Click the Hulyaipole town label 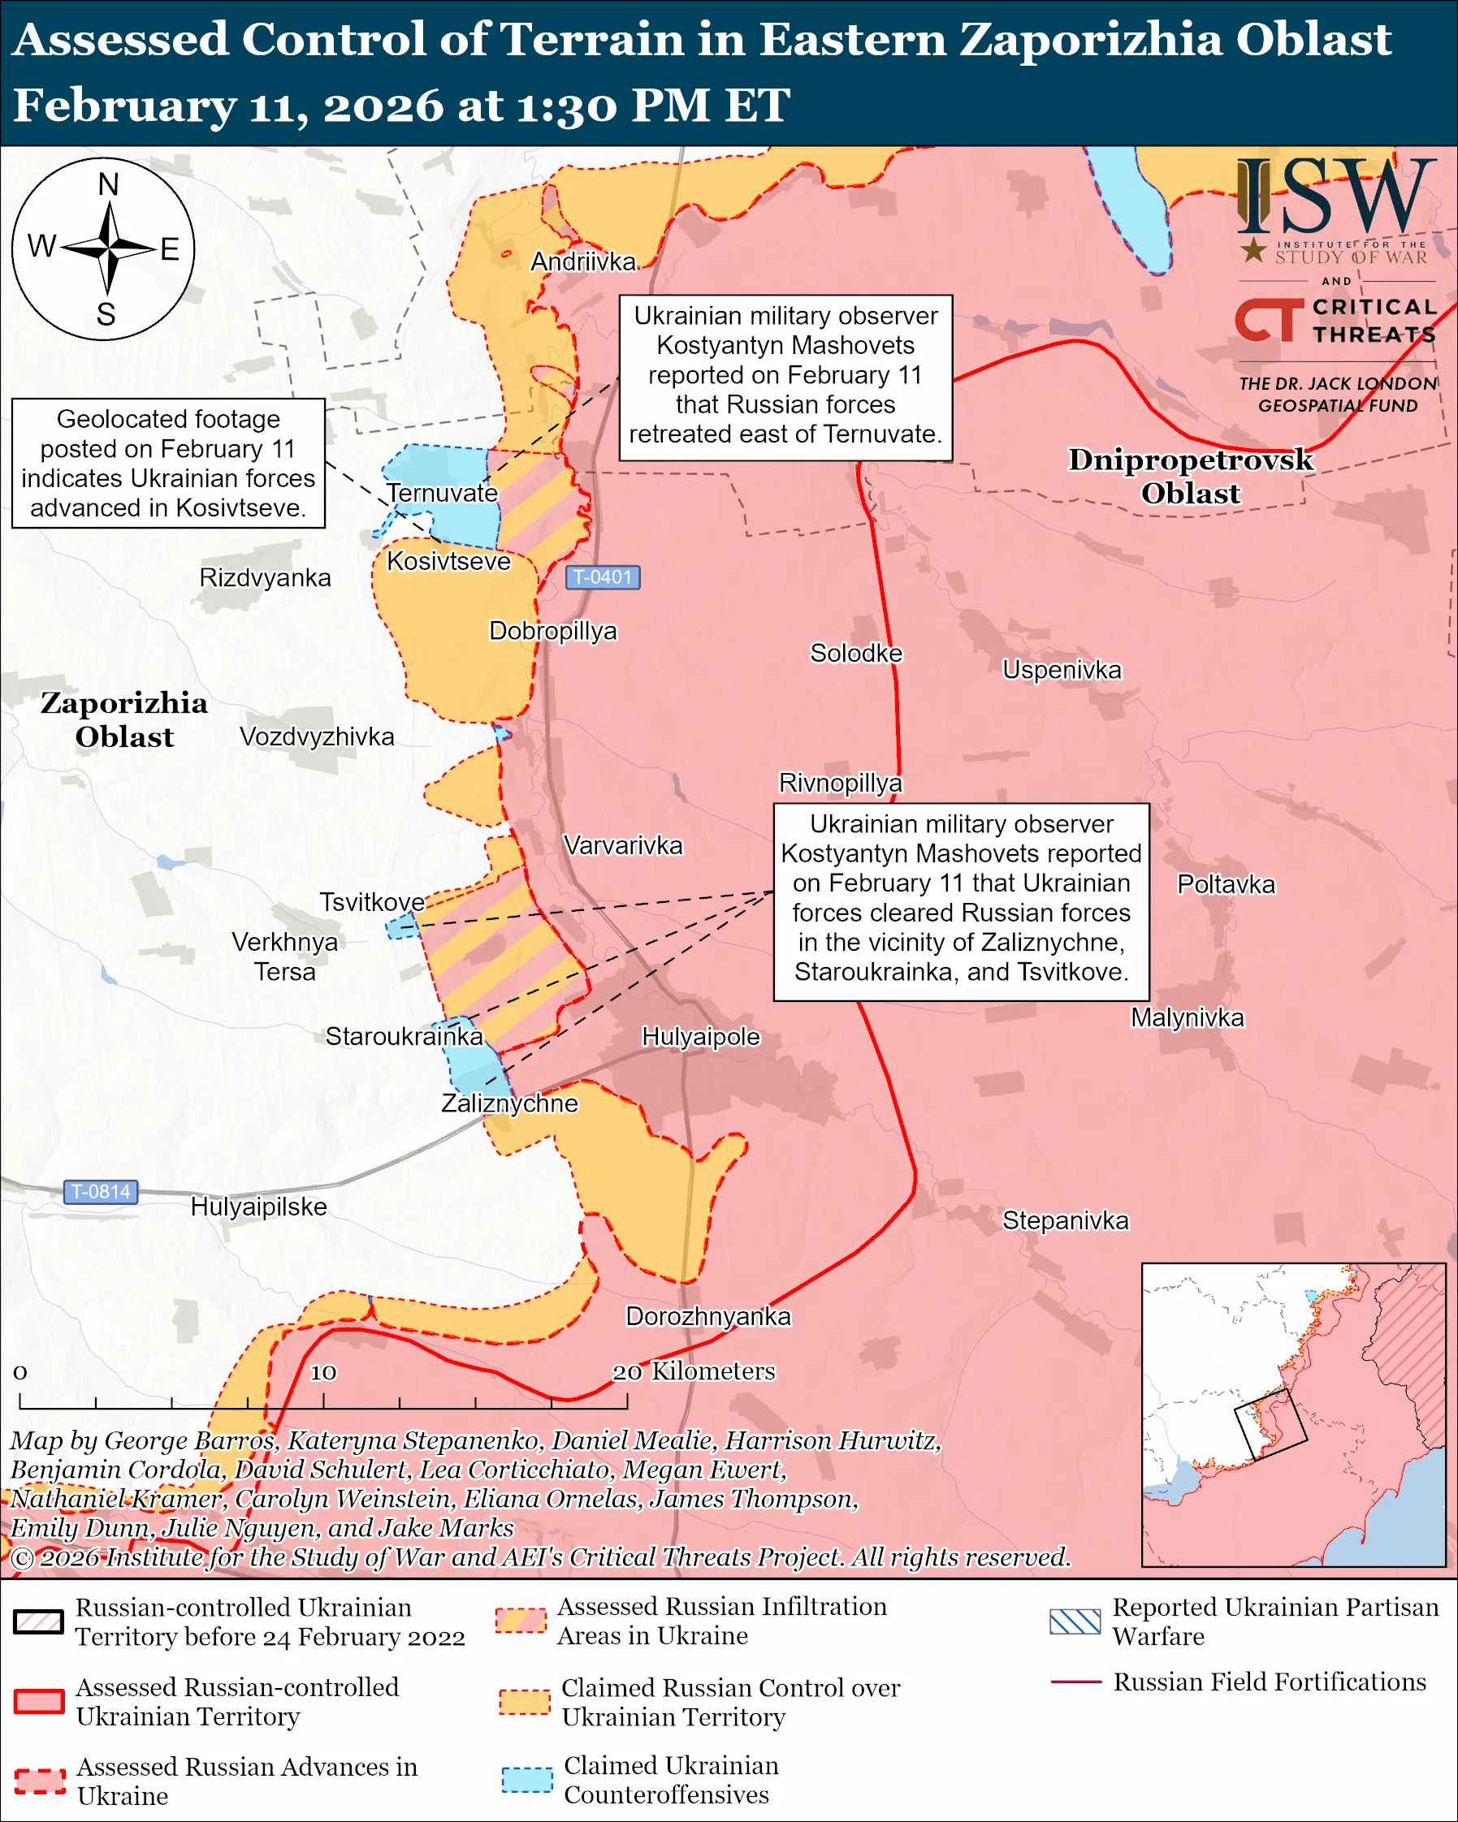701,1037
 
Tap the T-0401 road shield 602,577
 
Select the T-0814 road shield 101,1192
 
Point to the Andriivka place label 582,262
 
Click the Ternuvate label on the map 442,493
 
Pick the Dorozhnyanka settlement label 708,1317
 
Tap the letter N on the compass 108,184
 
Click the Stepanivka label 1065,1220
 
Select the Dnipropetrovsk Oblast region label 1190,476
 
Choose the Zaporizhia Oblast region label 124,719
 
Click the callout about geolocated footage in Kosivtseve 168,463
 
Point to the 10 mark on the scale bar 323,1372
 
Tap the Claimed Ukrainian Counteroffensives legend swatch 526,1780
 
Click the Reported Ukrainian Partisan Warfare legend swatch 1075,1621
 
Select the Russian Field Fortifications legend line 1075,1682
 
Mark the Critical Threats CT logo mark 1268,319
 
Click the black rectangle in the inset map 1270,1425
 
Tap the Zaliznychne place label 509,1103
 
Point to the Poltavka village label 1226,885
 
